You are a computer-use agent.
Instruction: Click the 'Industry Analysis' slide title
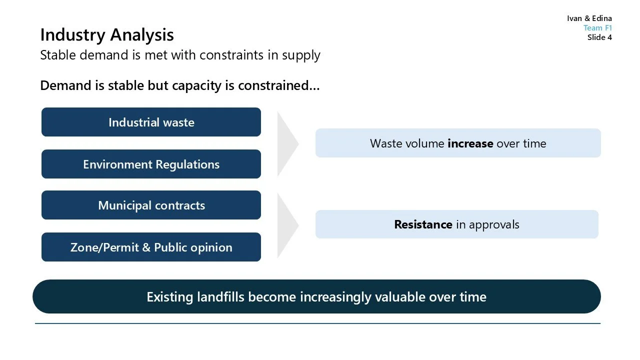[x=107, y=35]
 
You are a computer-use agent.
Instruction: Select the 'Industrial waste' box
[x=151, y=122]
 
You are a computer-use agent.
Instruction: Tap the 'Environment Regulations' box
[x=151, y=164]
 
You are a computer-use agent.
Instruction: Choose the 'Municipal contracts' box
[x=151, y=205]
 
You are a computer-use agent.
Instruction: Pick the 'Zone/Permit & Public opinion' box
[x=151, y=247]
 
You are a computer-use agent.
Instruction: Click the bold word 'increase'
[x=470, y=143]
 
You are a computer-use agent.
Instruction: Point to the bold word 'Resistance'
[x=423, y=224]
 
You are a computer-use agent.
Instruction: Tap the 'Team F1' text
[x=597, y=28]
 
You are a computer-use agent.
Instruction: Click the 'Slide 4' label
[x=599, y=37]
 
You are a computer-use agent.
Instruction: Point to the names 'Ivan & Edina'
[x=589, y=18]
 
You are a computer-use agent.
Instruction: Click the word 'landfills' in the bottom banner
[x=220, y=297]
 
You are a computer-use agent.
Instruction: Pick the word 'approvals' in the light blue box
[x=494, y=224]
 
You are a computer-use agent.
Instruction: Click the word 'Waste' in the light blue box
[x=385, y=143]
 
